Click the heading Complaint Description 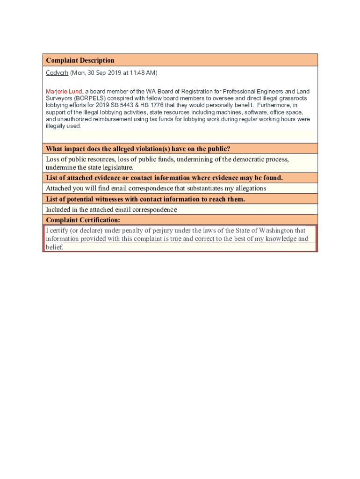click(x=80, y=60)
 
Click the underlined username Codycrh click(x=57, y=73)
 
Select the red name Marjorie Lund click(x=64, y=91)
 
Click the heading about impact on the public click(x=138, y=149)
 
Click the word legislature click(x=116, y=167)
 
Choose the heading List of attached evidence click(x=164, y=178)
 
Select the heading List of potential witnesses click(x=145, y=199)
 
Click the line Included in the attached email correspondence click(x=111, y=210)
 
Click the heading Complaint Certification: click(x=83, y=220)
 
